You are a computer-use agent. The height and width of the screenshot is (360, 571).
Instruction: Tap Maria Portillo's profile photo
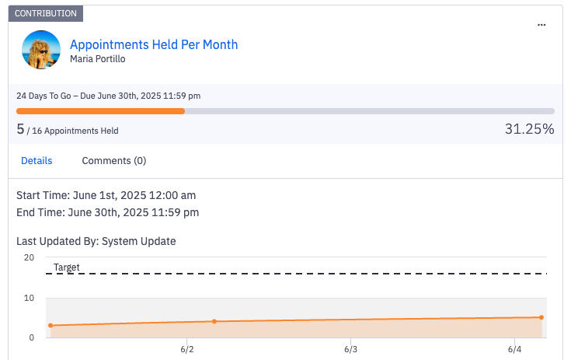(41, 50)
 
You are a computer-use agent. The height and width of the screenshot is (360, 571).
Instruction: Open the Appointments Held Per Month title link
(154, 44)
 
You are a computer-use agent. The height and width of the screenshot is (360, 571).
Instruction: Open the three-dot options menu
(541, 26)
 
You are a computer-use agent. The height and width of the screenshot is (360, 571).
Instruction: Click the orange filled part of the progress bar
(100, 111)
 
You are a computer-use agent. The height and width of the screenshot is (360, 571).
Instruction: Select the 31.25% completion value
(529, 129)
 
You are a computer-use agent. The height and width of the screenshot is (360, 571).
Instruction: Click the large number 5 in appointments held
(20, 129)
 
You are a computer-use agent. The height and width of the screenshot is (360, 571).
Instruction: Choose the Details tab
(37, 161)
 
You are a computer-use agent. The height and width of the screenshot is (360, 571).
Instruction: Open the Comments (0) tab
(114, 161)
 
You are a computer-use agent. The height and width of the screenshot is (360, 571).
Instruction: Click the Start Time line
(106, 194)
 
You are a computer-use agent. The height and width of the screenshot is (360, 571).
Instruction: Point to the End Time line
(107, 211)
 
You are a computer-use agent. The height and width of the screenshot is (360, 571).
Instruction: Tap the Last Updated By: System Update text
(96, 241)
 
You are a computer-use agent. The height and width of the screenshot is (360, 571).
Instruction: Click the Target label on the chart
(67, 267)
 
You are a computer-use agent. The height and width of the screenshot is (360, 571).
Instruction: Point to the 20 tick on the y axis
(29, 257)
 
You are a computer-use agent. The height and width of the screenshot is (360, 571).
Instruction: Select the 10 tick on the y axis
(29, 298)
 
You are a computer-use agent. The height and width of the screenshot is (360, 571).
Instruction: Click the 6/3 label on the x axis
(350, 350)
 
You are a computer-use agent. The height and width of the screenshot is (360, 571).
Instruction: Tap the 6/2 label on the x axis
(186, 350)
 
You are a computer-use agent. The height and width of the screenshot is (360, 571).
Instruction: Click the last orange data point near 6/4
(541, 317)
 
